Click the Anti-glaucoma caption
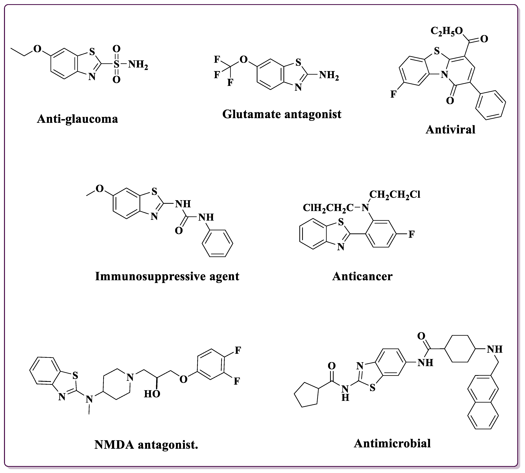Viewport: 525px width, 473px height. (x=77, y=119)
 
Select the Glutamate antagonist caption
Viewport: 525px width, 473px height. (x=282, y=114)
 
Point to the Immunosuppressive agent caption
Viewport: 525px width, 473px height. (x=167, y=276)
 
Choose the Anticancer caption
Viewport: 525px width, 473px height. (x=362, y=276)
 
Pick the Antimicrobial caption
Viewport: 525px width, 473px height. (x=392, y=443)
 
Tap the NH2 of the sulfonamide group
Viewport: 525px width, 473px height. (x=138, y=64)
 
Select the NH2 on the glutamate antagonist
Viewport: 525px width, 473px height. (x=329, y=75)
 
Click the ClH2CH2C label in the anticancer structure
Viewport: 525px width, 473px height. (x=328, y=208)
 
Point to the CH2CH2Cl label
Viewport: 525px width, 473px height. (x=394, y=194)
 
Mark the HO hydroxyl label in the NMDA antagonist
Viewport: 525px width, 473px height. (x=152, y=394)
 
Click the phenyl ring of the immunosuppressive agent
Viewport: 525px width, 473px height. (x=217, y=243)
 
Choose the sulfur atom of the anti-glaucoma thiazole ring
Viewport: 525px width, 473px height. (x=92, y=52)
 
